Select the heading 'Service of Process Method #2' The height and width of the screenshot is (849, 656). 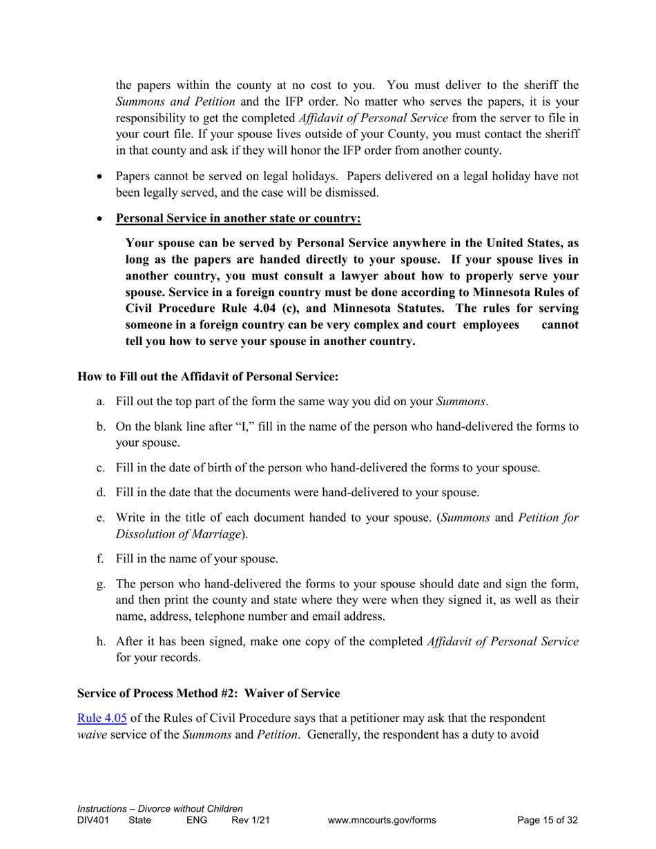click(x=157, y=692)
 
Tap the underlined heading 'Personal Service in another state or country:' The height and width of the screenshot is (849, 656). click(x=238, y=219)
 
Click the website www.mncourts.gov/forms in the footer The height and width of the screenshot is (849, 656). click(x=382, y=820)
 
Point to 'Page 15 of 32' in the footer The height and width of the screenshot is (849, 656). click(x=547, y=820)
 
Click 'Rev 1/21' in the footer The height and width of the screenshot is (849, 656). click(x=250, y=820)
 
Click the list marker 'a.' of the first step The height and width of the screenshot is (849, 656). click(x=101, y=402)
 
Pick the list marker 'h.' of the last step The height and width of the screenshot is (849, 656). click(x=101, y=642)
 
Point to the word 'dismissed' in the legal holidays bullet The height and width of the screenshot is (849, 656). click(x=352, y=193)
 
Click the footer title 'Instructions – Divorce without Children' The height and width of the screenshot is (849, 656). click(x=160, y=808)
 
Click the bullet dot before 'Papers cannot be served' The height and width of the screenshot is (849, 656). click(x=101, y=177)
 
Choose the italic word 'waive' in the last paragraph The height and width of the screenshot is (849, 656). click(x=91, y=734)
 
